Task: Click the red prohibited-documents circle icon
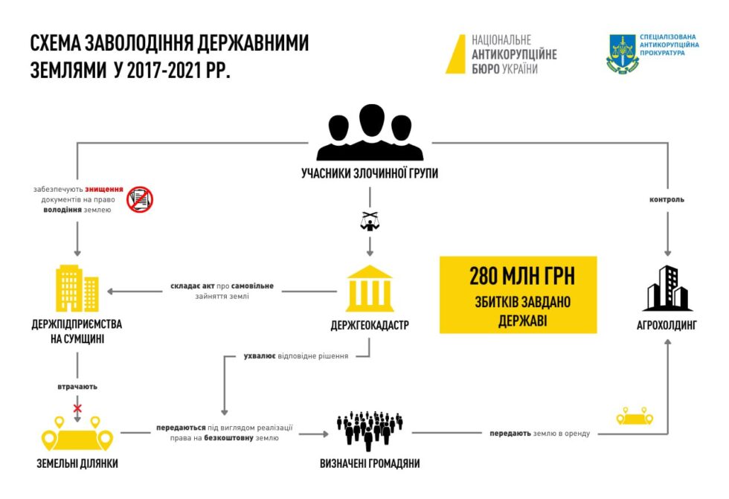pyautogui.click(x=139, y=199)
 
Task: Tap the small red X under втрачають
pyautogui.click(x=77, y=408)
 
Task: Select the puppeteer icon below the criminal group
pyautogui.click(x=370, y=219)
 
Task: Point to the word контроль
pyautogui.click(x=667, y=199)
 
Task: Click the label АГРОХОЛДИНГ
pyautogui.click(x=667, y=325)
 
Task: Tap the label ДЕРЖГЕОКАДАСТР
pyautogui.click(x=370, y=325)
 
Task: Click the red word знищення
pyautogui.click(x=104, y=189)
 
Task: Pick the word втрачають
pyautogui.click(x=77, y=387)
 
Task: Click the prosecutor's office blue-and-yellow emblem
pyautogui.click(x=622, y=54)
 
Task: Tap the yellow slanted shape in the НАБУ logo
pyautogui.click(x=455, y=54)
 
